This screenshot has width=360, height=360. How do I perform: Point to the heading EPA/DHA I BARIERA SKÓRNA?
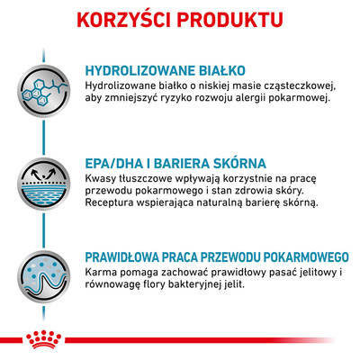click(175, 165)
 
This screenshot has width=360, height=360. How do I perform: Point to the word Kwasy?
click(102, 180)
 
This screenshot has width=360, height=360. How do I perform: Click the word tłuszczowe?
click(153, 180)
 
